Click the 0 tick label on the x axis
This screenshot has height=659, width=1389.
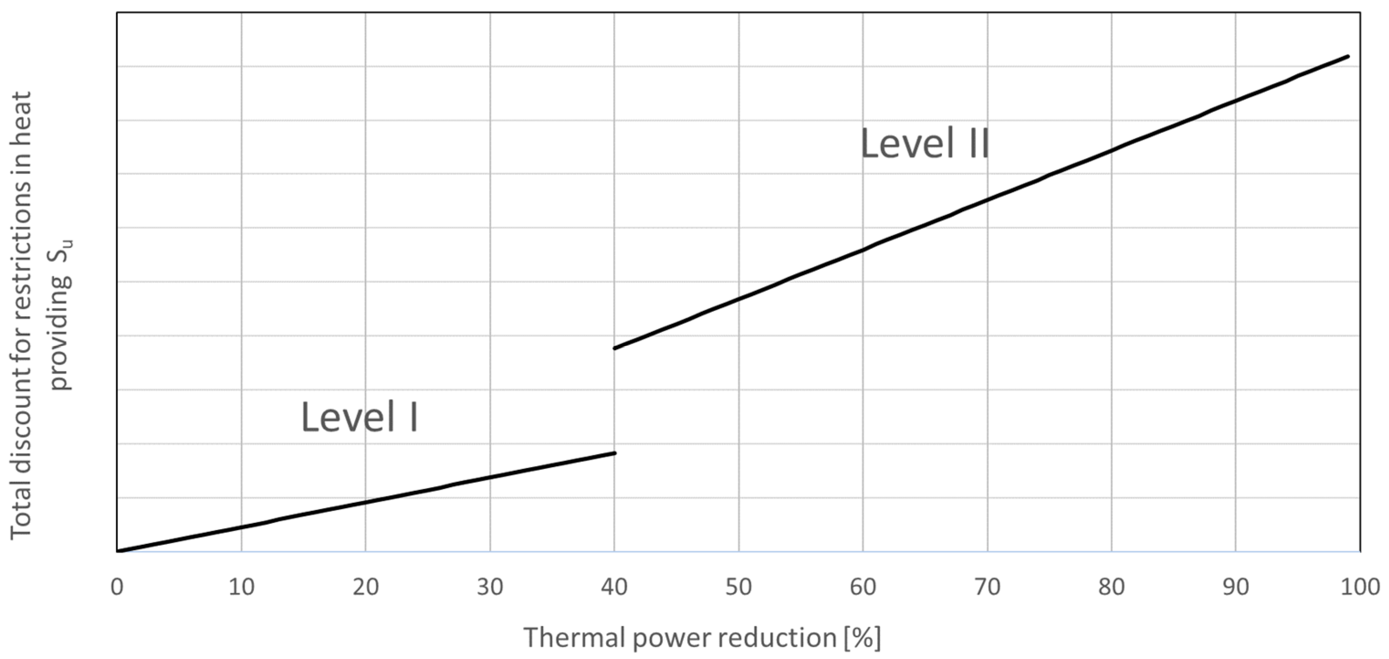117,587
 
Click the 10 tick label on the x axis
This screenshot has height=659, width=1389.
241,587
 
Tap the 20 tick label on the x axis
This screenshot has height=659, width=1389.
366,587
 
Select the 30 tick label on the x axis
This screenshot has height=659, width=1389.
490,587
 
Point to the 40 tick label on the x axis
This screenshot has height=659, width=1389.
614,587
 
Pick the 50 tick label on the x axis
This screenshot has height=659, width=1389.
738,587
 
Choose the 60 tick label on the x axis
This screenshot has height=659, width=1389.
863,587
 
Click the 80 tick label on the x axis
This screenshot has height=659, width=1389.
1111,587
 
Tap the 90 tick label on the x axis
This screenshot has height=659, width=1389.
1235,587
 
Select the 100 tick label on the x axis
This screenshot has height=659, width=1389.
1359,587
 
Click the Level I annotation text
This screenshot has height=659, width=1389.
360,417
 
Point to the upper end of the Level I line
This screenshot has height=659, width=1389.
614,453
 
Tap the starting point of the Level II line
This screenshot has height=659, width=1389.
615,348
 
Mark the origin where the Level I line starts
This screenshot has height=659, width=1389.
118,551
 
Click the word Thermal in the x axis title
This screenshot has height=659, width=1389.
574,638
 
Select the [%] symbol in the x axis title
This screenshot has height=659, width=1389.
862,638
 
